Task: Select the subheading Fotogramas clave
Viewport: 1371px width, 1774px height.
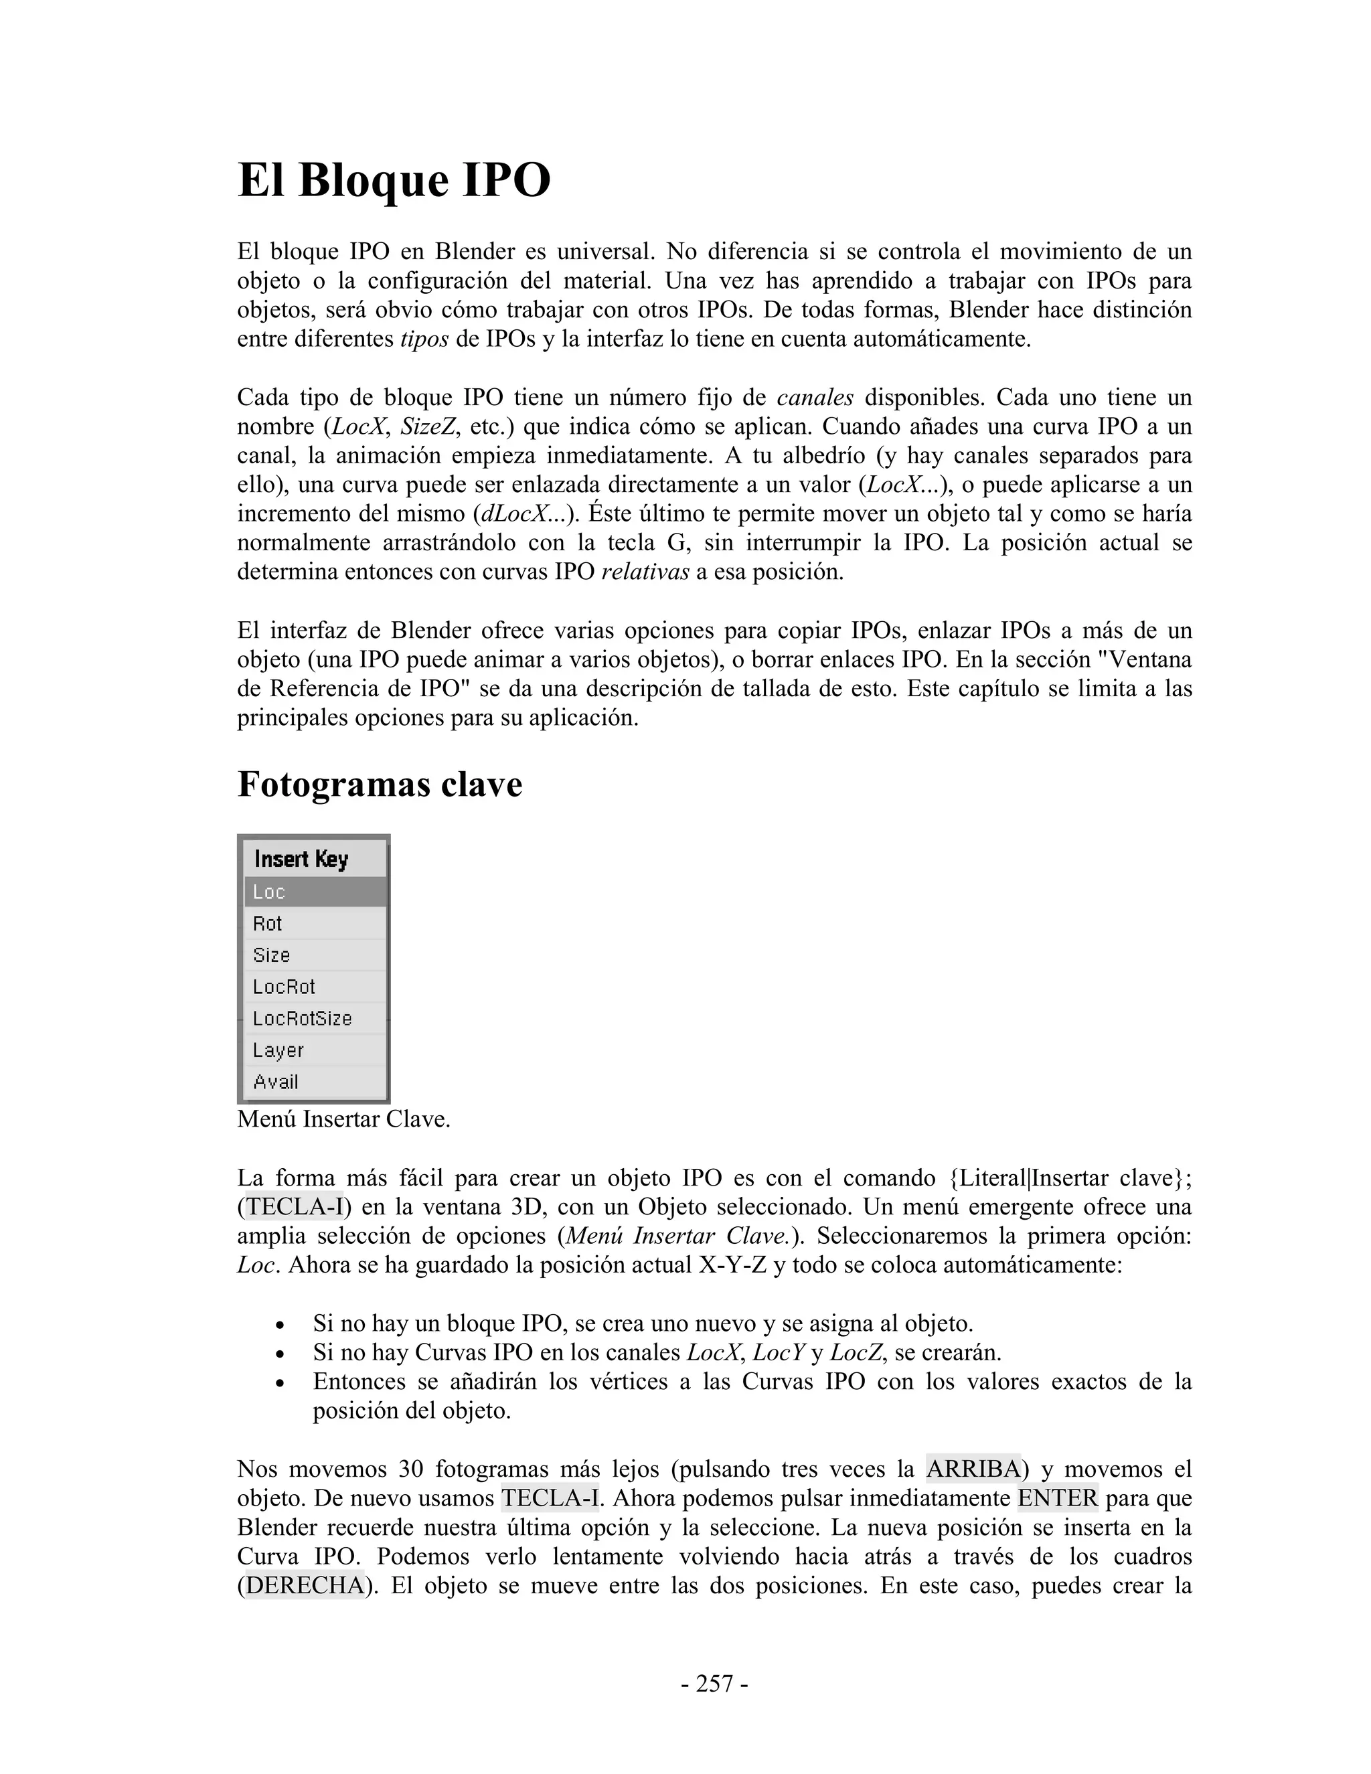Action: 380,785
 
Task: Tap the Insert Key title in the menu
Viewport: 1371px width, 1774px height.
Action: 301,859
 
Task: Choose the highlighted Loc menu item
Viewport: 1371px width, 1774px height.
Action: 315,892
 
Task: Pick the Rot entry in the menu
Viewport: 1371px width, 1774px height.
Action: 315,924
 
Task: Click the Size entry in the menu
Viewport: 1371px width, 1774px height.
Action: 315,955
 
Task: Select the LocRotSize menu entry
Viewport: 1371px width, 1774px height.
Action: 315,1019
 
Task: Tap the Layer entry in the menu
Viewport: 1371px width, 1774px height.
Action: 315,1050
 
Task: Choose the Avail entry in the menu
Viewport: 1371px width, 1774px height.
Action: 315,1082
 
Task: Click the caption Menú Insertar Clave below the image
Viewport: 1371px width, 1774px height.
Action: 343,1119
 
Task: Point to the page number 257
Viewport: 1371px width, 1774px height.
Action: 715,1684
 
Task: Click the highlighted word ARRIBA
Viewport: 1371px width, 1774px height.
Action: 973,1469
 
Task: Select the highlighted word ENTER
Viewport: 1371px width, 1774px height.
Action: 1058,1498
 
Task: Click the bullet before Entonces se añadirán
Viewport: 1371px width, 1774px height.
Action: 280,1382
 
